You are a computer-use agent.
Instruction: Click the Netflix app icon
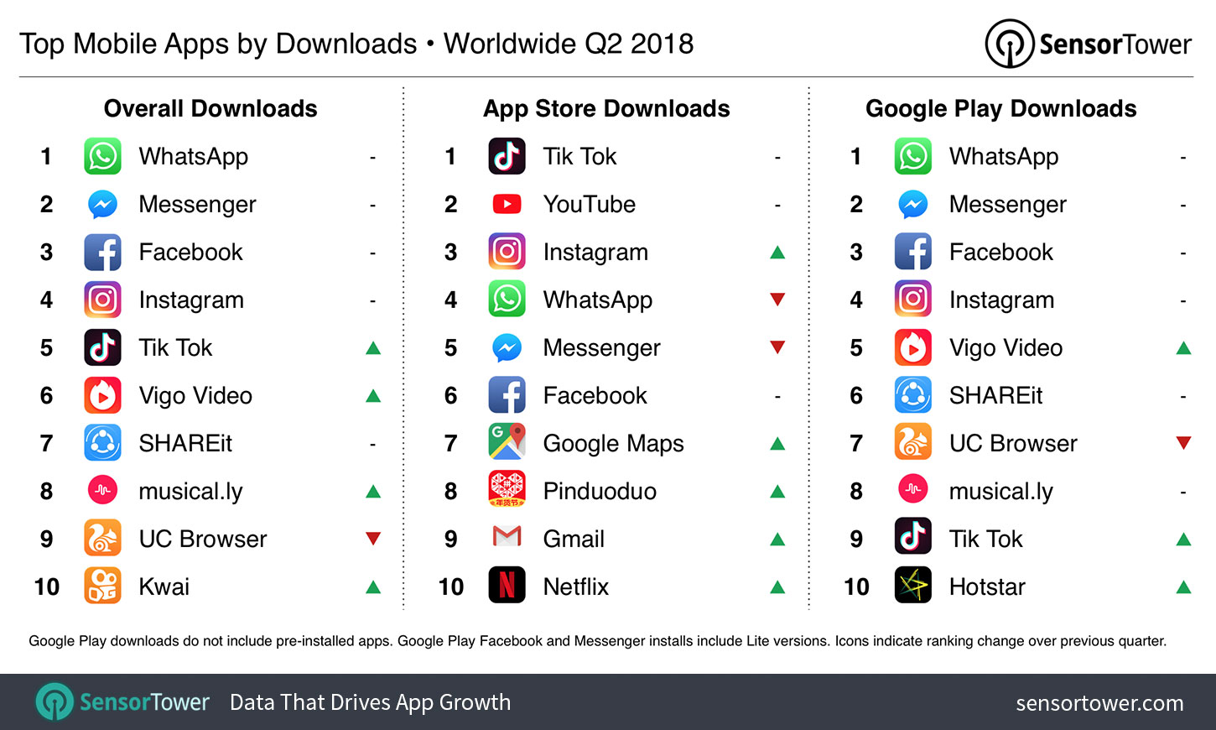[x=507, y=586]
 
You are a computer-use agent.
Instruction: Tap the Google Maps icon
[x=507, y=442]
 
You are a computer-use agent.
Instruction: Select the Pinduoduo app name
[x=600, y=491]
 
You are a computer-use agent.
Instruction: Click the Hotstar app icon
[x=912, y=586]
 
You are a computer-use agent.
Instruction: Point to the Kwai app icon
[x=102, y=586]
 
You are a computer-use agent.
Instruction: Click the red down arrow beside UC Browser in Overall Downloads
[x=373, y=539]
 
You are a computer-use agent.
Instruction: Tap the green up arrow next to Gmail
[x=777, y=539]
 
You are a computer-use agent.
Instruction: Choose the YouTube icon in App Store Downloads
[x=507, y=204]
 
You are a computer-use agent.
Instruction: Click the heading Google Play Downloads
[x=1000, y=108]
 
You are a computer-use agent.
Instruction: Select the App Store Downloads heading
[x=606, y=108]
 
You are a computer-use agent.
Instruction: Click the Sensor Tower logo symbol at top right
[x=1009, y=44]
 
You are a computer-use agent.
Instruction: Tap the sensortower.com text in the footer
[x=1099, y=703]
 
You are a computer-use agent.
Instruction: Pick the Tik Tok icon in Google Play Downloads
[x=912, y=538]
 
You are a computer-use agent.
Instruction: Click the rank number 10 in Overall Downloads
[x=47, y=587]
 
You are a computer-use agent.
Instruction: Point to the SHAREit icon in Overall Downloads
[x=102, y=442]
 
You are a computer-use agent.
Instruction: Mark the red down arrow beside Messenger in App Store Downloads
[x=777, y=347]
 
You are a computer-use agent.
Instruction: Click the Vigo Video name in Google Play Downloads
[x=1006, y=347]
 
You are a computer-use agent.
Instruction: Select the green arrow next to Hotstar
[x=1183, y=587]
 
